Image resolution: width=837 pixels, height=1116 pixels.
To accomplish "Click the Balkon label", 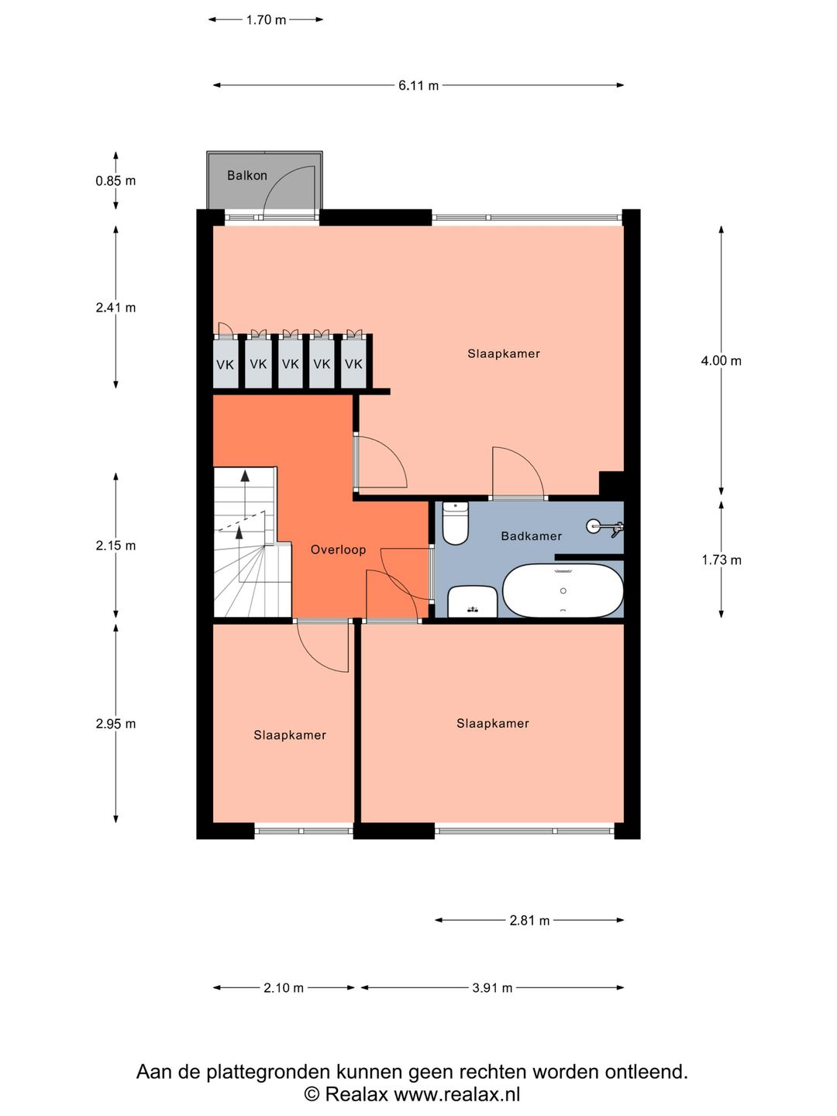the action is pyautogui.click(x=247, y=175).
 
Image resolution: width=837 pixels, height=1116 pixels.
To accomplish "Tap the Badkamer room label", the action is pyautogui.click(x=531, y=536).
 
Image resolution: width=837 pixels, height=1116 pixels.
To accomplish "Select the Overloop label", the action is pyautogui.click(x=338, y=549).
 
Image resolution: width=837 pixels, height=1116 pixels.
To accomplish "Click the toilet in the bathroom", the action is pyautogui.click(x=455, y=523).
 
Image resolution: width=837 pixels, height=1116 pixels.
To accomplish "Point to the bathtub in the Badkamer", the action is pyautogui.click(x=563, y=591).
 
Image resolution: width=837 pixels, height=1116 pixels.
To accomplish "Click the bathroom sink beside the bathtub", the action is pyautogui.click(x=473, y=601).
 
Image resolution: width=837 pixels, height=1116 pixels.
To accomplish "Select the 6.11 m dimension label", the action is pyautogui.click(x=418, y=85).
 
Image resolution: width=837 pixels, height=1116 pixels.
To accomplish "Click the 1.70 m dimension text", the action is pyautogui.click(x=266, y=20).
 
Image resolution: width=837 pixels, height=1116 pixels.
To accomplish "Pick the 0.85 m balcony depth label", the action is pyautogui.click(x=116, y=181).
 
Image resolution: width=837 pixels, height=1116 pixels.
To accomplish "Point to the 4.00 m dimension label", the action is pyautogui.click(x=721, y=360).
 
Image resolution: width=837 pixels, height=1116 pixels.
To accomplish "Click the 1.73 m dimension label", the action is pyautogui.click(x=721, y=560).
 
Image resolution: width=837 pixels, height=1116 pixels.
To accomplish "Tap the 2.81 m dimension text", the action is pyautogui.click(x=529, y=920).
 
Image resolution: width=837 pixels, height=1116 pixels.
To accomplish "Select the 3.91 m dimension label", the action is pyautogui.click(x=492, y=988).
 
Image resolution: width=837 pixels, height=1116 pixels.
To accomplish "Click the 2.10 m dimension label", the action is pyautogui.click(x=283, y=988).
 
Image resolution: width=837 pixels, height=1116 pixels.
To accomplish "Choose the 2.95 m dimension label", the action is pyautogui.click(x=116, y=724).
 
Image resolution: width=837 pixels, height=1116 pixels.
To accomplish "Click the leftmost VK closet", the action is pyautogui.click(x=225, y=363).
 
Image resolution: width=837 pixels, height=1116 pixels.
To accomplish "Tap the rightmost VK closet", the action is pyautogui.click(x=353, y=363).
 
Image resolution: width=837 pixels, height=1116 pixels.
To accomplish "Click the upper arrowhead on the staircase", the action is pyautogui.click(x=245, y=475).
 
